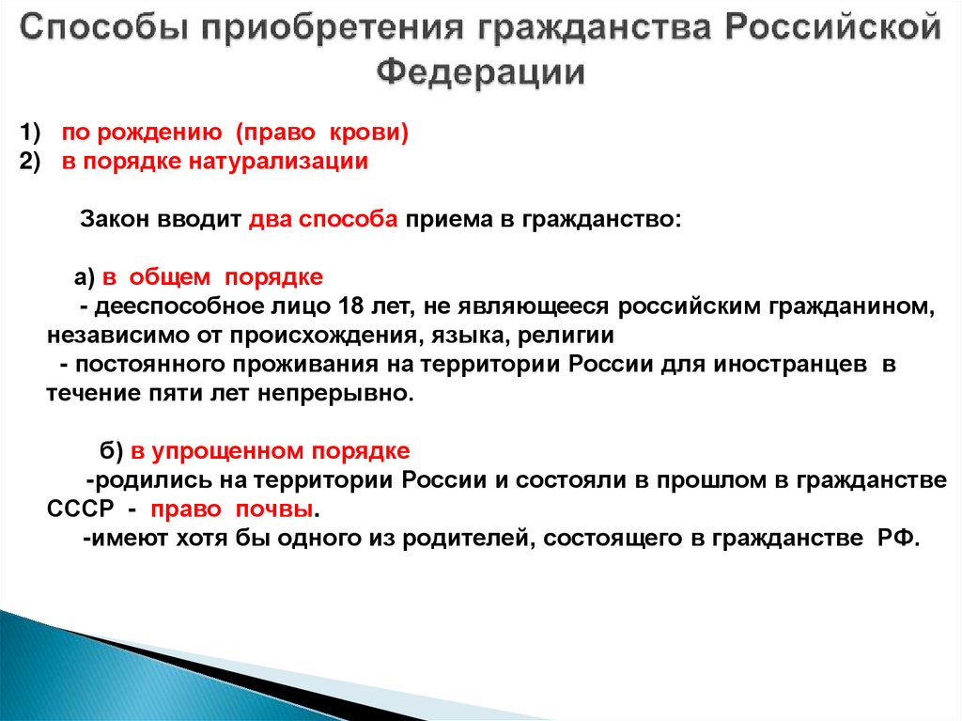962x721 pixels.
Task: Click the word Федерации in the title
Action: [481, 72]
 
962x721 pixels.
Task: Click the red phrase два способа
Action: [325, 219]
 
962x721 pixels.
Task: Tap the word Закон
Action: [114, 219]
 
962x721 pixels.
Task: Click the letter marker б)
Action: [112, 451]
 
